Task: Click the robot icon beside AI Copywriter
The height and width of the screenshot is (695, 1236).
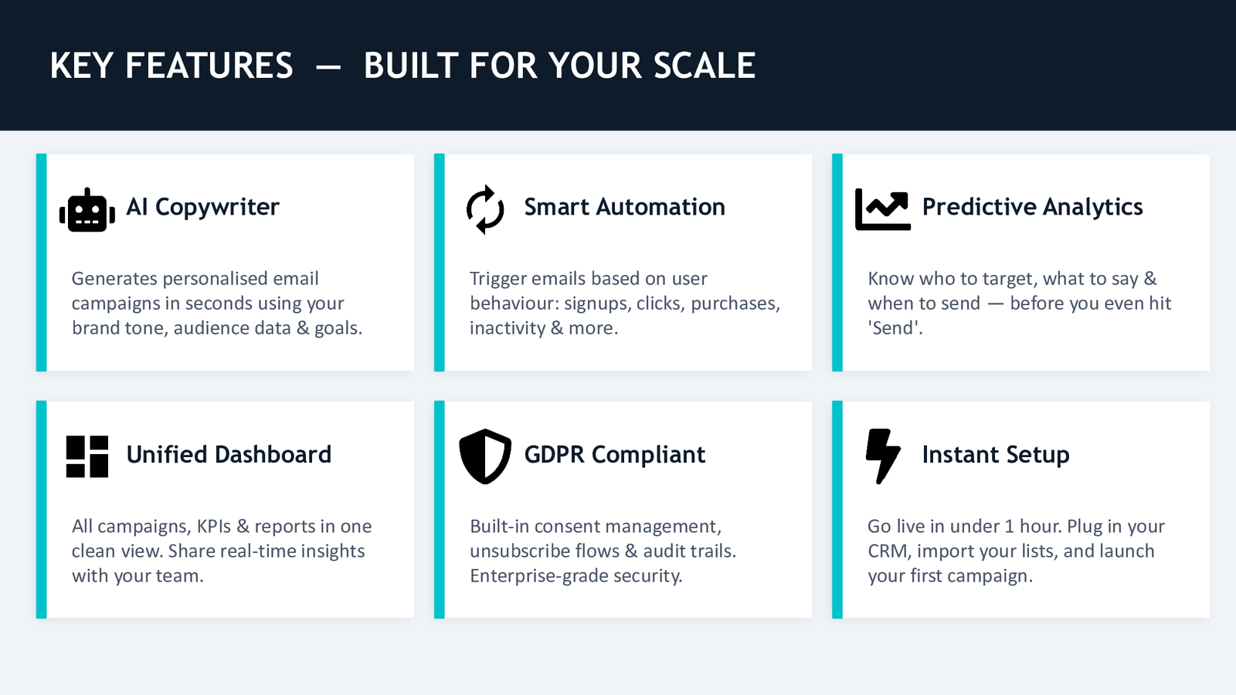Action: click(87, 210)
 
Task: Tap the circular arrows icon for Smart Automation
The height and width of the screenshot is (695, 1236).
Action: click(485, 209)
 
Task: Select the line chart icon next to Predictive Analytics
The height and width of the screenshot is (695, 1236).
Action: click(882, 209)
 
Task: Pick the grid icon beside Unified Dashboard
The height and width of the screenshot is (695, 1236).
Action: click(87, 456)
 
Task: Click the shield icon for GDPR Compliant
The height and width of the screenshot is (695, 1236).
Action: click(485, 456)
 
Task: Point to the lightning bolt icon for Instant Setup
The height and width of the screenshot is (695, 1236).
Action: click(883, 456)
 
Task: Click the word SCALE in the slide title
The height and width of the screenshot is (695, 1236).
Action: click(704, 66)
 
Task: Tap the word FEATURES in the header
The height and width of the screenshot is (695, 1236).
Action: click(209, 66)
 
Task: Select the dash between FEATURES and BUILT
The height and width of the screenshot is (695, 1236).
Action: click(328, 67)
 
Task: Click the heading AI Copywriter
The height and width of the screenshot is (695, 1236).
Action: click(202, 208)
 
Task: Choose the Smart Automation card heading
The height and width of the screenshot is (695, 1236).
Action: click(625, 207)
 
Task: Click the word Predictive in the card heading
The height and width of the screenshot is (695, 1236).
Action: click(980, 207)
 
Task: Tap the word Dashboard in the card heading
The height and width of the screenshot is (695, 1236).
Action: click(273, 455)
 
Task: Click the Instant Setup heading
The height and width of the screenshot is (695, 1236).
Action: click(996, 455)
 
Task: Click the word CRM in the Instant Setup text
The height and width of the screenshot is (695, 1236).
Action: click(888, 551)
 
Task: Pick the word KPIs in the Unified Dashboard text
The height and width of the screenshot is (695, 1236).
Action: click(213, 526)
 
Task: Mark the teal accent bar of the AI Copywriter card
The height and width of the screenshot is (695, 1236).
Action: click(42, 263)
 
